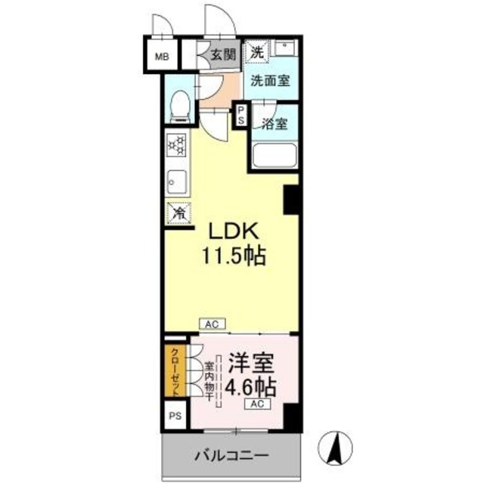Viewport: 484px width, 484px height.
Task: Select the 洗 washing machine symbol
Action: [x=259, y=53]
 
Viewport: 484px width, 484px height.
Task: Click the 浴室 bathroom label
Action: [x=275, y=123]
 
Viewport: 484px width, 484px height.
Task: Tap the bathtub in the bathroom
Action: [x=274, y=156]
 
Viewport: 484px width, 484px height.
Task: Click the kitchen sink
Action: [x=175, y=181]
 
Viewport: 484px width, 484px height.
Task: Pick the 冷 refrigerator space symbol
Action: [x=179, y=214]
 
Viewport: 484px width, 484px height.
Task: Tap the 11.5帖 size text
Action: [x=232, y=257]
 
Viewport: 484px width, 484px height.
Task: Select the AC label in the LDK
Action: [x=212, y=324]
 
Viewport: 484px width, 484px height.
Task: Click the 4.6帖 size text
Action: [x=250, y=387]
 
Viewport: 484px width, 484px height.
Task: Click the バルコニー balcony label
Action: [x=230, y=456]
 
